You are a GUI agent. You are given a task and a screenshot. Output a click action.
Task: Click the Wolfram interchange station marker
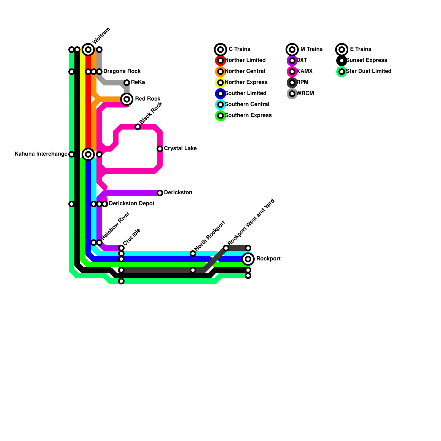click(88, 50)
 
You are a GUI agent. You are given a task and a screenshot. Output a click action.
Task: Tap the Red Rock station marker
click(127, 99)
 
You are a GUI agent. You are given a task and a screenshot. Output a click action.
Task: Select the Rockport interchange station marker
click(248, 259)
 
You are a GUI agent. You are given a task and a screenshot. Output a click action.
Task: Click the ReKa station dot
click(127, 83)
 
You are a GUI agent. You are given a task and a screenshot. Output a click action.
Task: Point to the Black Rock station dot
click(138, 127)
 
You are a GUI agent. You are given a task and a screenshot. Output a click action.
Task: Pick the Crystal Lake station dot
click(160, 149)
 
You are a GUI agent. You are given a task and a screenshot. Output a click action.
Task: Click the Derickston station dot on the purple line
click(160, 193)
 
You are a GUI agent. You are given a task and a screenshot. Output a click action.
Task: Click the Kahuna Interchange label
click(41, 154)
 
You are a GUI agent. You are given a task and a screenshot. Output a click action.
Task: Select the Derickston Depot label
click(131, 204)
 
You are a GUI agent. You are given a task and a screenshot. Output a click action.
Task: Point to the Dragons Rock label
click(122, 71)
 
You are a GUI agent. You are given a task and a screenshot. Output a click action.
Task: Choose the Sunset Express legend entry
click(367, 60)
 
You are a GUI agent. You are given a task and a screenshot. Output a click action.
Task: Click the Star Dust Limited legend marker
click(342, 72)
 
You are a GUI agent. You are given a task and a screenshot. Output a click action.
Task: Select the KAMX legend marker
click(292, 72)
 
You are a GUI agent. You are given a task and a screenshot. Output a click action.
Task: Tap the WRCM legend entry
click(305, 93)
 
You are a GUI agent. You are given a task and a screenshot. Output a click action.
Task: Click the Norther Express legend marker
click(220, 83)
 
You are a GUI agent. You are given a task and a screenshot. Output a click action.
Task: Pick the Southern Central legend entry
click(247, 104)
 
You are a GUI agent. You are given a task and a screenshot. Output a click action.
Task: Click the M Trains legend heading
click(311, 49)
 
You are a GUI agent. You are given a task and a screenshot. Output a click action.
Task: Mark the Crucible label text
click(132, 237)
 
